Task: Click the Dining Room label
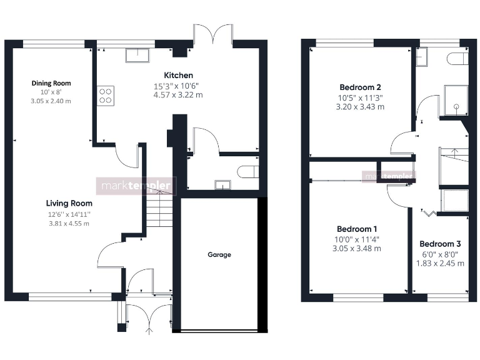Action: (51, 83)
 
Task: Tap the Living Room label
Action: (69, 203)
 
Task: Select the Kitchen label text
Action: (178, 75)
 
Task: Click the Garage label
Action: (219, 254)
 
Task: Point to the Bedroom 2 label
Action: (360, 87)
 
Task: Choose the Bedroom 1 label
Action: (357, 229)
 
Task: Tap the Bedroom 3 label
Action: (440, 244)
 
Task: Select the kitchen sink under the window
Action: (137, 56)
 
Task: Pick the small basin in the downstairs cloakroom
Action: (222, 184)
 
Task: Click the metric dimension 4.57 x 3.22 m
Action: (178, 95)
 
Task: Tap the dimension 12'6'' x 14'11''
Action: (69, 214)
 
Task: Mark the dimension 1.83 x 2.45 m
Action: (440, 263)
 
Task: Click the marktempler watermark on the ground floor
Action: (136, 186)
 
